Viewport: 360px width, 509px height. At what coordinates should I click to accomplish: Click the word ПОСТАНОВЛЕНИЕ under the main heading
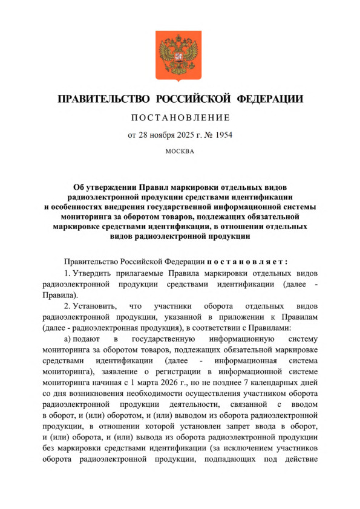click(x=180, y=117)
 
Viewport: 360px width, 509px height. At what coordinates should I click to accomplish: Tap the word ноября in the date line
click(x=162, y=135)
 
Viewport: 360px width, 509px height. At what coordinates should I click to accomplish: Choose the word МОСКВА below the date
click(x=180, y=151)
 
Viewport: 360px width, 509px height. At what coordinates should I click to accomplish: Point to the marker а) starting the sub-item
click(x=68, y=342)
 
